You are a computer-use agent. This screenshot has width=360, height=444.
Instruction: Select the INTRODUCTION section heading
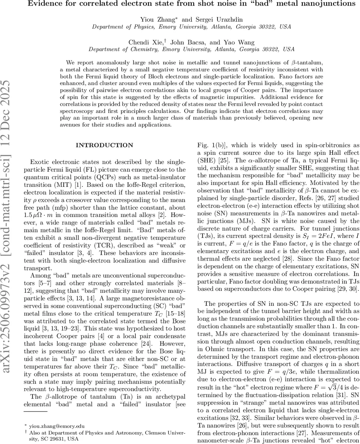point(104,145)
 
